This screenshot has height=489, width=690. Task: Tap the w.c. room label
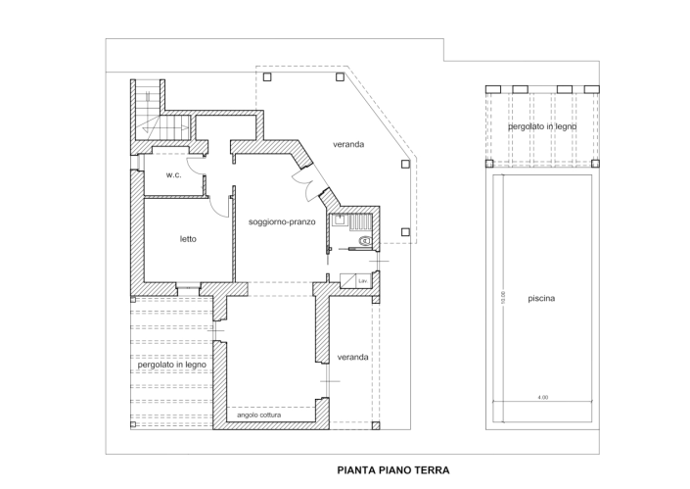point(173,175)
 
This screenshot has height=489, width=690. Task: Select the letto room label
point(188,238)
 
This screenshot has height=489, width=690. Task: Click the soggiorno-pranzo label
point(281,221)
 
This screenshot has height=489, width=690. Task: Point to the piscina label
point(541,299)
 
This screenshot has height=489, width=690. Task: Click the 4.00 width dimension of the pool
point(542,397)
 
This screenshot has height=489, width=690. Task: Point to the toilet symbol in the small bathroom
point(365,239)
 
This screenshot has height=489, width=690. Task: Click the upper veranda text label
point(348,144)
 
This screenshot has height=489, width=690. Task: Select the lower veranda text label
point(352,357)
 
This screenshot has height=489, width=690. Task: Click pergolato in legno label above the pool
point(541,127)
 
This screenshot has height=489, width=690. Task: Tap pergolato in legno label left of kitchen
point(169,364)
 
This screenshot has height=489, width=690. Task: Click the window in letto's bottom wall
point(188,286)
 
